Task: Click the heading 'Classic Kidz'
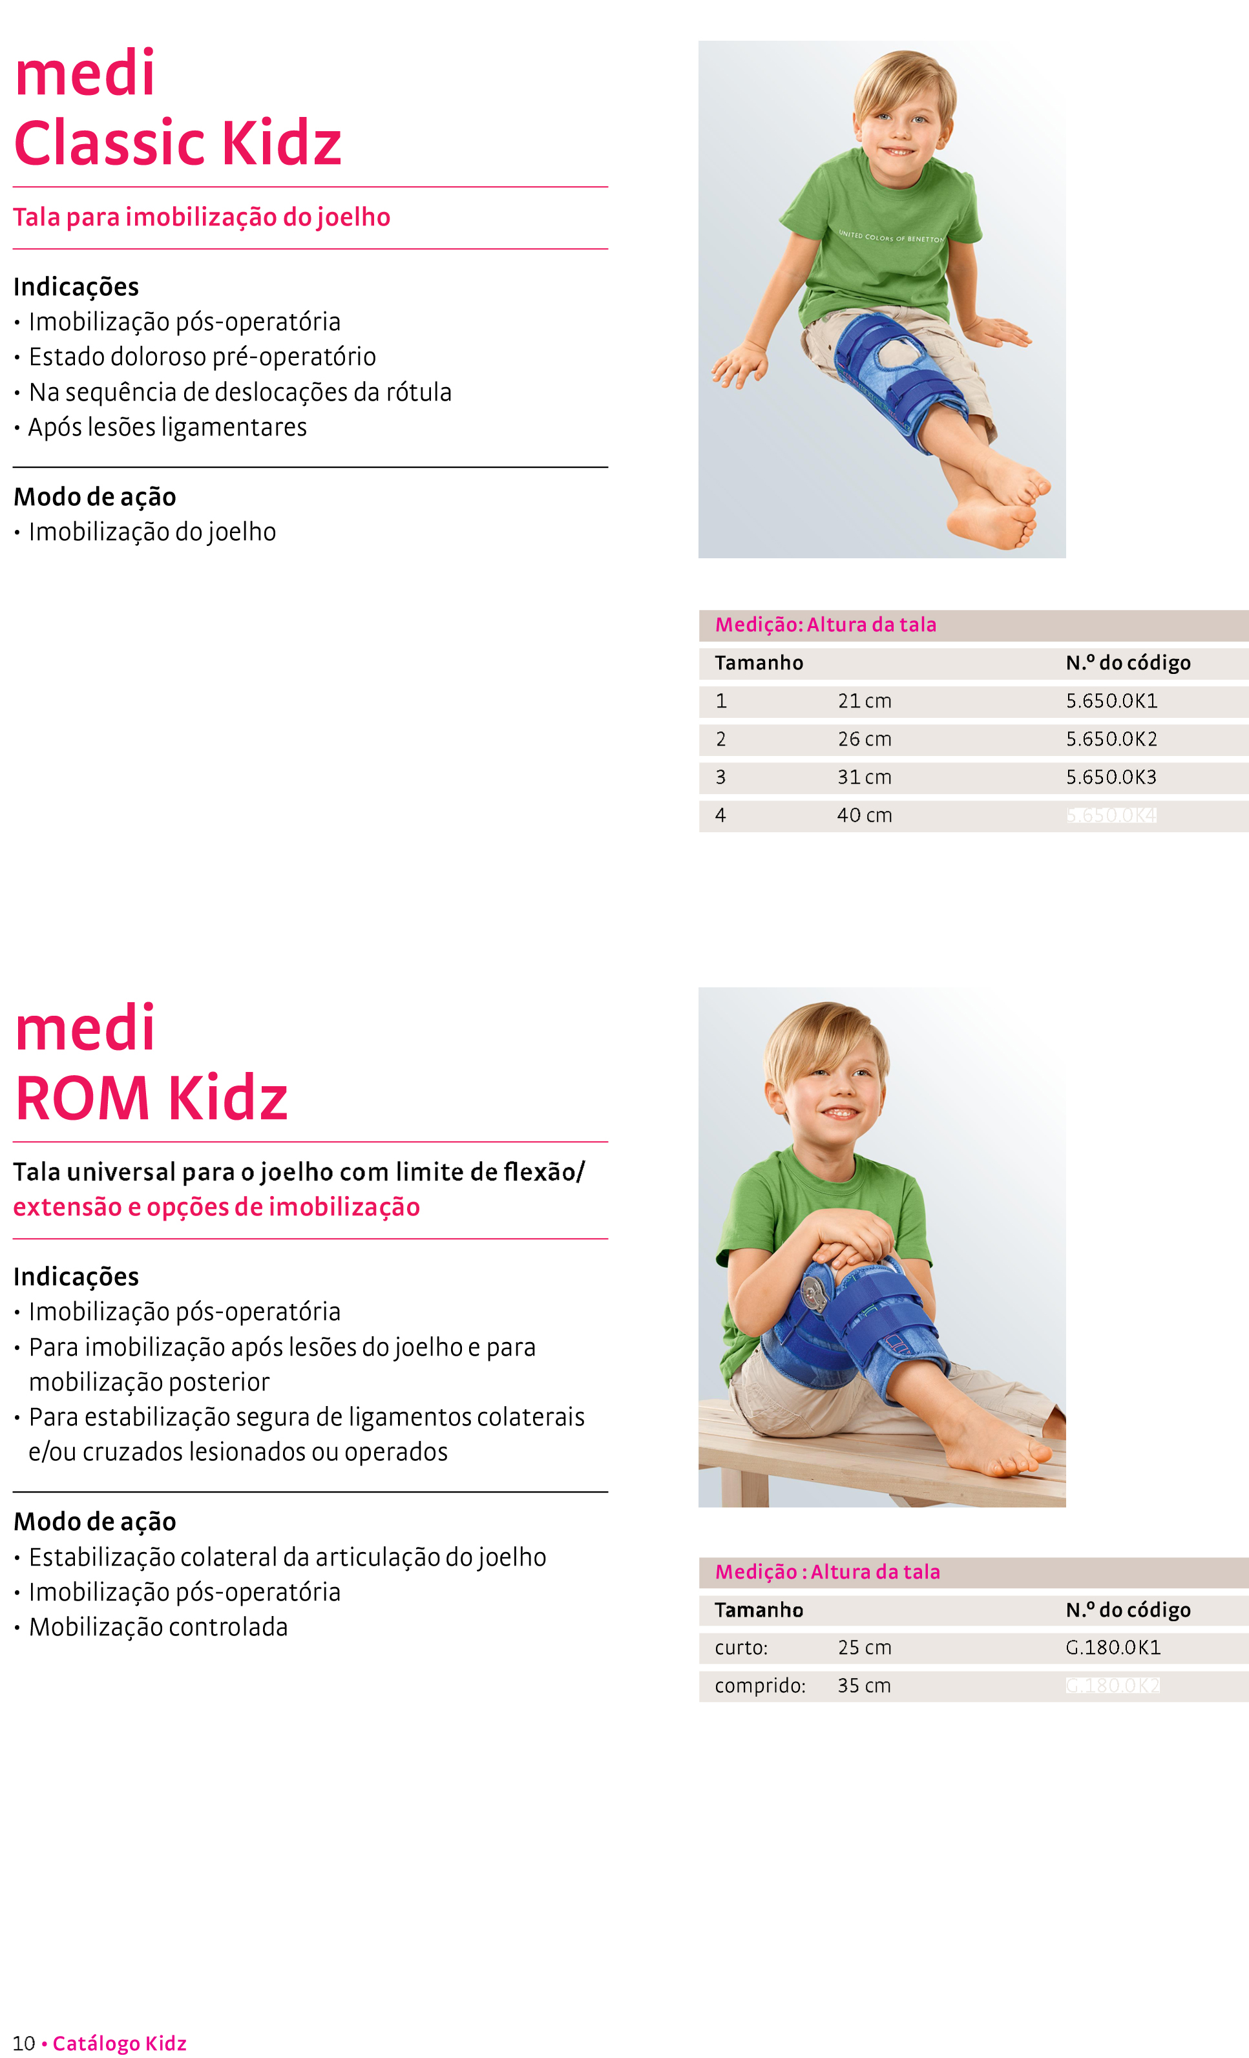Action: click(x=177, y=143)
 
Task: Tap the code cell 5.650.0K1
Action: click(x=1111, y=701)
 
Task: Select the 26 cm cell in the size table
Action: click(x=864, y=739)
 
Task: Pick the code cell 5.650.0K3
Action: click(x=1111, y=777)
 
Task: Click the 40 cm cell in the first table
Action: click(x=864, y=815)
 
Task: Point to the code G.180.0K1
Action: click(x=1113, y=1647)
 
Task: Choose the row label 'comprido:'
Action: click(x=759, y=1685)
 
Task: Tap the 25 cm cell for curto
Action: click(x=864, y=1647)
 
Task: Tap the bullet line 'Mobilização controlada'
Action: click(x=158, y=1627)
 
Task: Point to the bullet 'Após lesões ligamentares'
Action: click(x=167, y=427)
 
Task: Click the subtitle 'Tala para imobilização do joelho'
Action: click(x=202, y=217)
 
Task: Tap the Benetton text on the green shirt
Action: click(x=890, y=237)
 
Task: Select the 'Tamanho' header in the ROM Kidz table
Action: click(x=759, y=1610)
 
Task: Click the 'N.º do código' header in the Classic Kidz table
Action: click(x=1128, y=662)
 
